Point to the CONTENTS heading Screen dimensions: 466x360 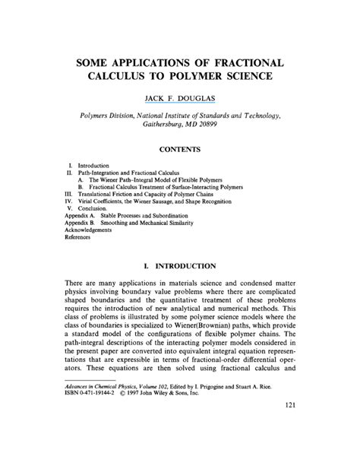tap(181, 150)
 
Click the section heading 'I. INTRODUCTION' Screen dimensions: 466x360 tap(180, 266)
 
